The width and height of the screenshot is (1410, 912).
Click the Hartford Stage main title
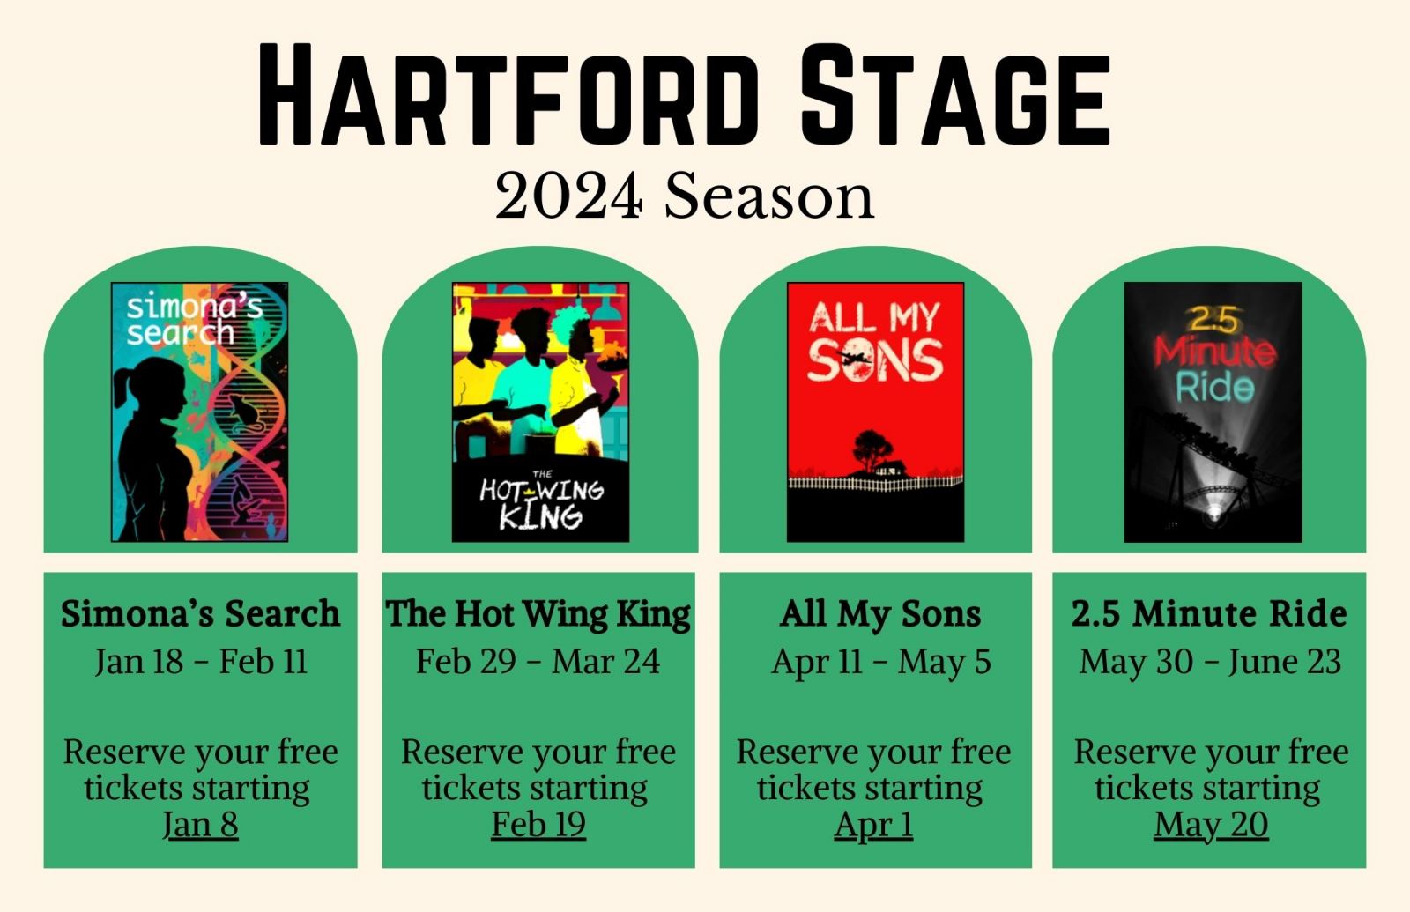[x=684, y=94]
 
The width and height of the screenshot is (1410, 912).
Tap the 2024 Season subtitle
[x=685, y=196]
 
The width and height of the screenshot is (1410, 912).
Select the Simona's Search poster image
[x=199, y=412]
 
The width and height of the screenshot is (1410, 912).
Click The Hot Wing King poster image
[x=540, y=412]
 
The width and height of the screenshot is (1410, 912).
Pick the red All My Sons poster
[x=876, y=412]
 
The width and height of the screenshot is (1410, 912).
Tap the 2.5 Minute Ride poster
[x=1213, y=412]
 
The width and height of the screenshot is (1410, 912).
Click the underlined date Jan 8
[x=200, y=825]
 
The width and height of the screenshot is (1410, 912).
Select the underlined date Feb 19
[x=538, y=825]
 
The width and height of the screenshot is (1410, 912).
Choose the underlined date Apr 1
[x=873, y=826]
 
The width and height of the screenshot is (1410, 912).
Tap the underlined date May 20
[x=1211, y=826]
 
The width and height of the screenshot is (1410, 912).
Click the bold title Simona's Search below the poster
[x=200, y=613]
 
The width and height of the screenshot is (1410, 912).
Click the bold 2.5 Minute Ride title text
[x=1209, y=613]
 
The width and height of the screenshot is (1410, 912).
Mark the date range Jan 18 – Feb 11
[x=202, y=662]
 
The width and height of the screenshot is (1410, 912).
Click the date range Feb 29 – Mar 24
[x=538, y=662]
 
